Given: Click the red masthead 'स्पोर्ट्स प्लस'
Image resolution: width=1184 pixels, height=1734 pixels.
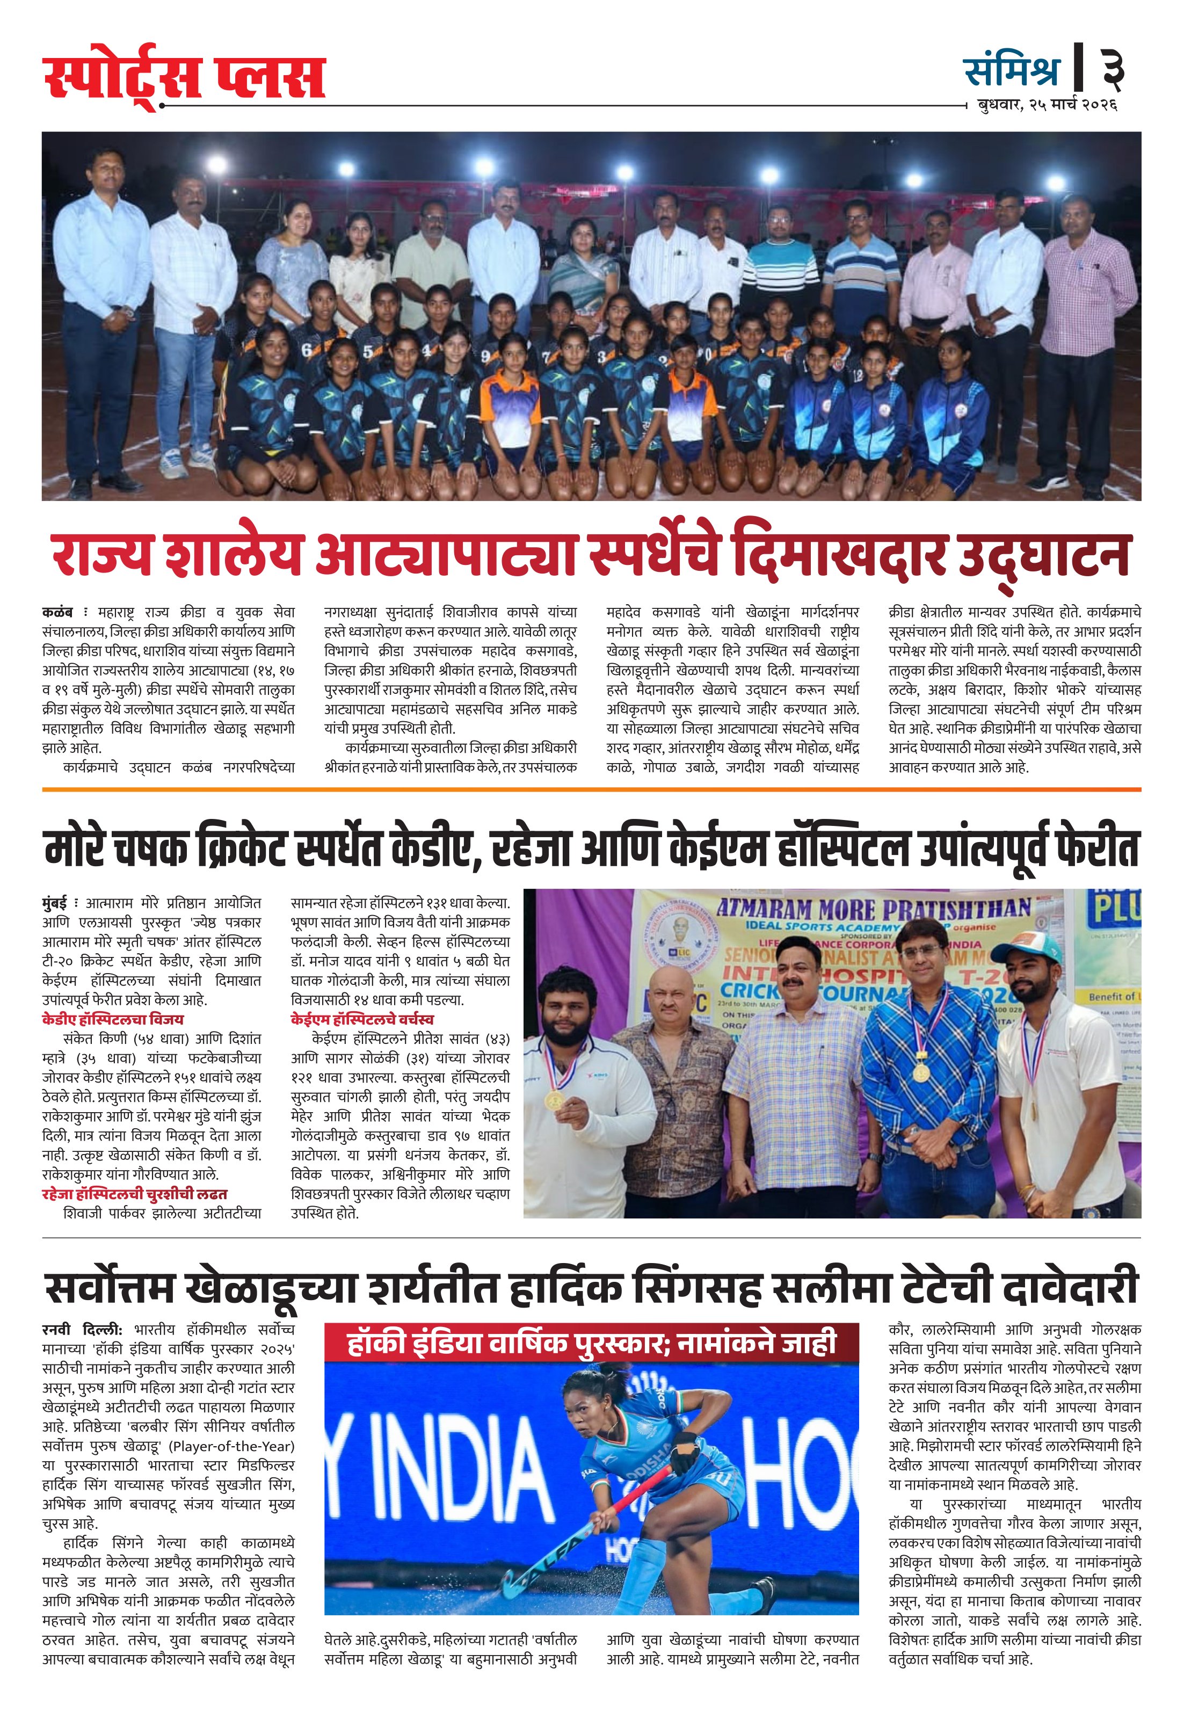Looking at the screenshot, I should (x=184, y=77).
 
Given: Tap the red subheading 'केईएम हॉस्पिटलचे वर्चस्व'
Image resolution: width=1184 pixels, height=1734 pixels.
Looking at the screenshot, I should (x=362, y=1019).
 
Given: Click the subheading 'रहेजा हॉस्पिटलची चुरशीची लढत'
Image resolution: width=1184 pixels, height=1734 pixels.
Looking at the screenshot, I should (x=134, y=1194).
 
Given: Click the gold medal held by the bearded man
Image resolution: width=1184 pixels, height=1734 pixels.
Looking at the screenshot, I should (x=554, y=1100).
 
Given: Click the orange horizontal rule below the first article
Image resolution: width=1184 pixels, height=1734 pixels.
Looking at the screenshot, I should (x=592, y=789).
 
